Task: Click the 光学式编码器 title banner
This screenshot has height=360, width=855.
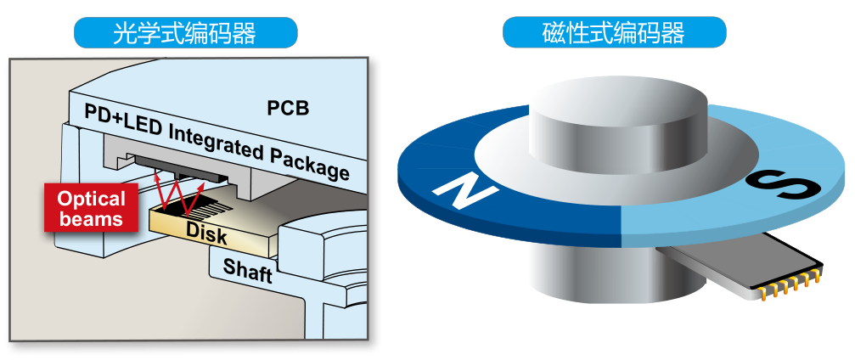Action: (x=185, y=32)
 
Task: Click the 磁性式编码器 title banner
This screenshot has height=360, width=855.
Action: (x=614, y=32)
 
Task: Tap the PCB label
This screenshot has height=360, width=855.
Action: (x=288, y=109)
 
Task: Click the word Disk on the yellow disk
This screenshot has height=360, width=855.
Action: (x=206, y=231)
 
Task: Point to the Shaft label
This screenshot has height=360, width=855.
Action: (x=247, y=271)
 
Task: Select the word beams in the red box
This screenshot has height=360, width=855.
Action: (x=91, y=219)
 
